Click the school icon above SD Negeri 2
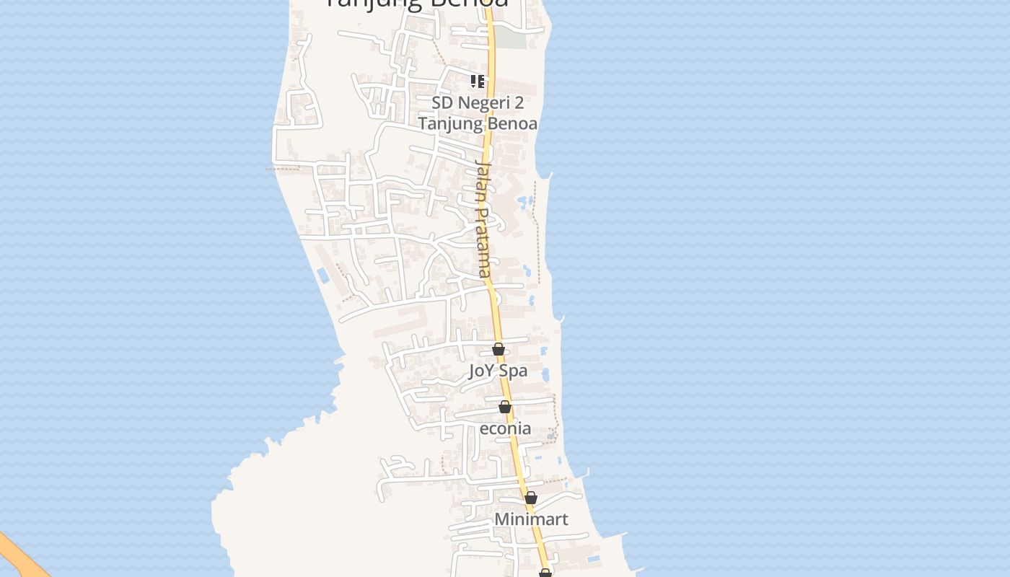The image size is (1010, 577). (x=477, y=81)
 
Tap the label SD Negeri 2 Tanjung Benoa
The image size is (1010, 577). (x=478, y=113)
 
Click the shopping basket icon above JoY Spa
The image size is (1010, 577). (x=498, y=350)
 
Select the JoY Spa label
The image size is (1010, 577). (x=498, y=371)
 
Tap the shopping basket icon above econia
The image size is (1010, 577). (x=505, y=408)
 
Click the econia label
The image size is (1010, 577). (x=505, y=428)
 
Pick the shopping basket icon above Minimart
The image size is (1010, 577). (x=531, y=498)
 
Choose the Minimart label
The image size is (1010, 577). (x=531, y=519)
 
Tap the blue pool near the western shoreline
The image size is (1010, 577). (x=322, y=275)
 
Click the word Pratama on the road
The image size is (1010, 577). (x=482, y=243)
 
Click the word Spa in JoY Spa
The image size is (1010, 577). (x=514, y=371)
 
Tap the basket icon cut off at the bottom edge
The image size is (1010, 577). (x=545, y=573)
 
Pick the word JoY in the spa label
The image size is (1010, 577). (x=482, y=371)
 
